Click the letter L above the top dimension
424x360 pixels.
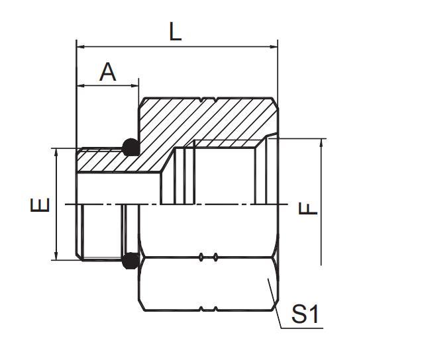(175, 32)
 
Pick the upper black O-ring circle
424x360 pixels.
(131, 146)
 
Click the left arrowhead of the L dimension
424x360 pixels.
(81, 46)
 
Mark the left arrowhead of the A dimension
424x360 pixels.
(81, 86)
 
